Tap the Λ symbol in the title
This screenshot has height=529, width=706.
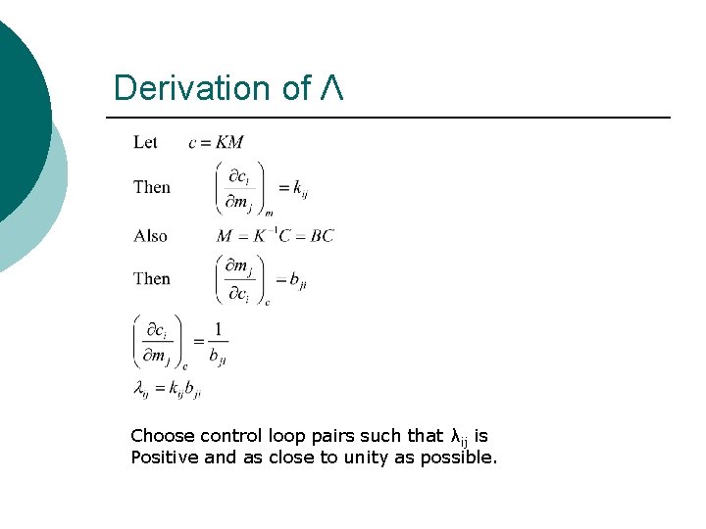[330, 88]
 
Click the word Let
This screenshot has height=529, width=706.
[145, 143]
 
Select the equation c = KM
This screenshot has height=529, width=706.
[216, 143]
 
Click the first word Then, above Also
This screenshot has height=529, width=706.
[152, 187]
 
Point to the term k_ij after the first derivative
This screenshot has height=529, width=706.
[295, 187]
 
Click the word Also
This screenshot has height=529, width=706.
[151, 235]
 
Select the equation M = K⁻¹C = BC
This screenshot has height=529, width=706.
[275, 235]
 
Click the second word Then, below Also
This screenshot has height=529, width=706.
[152, 278]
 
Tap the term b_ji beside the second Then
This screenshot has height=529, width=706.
[298, 280]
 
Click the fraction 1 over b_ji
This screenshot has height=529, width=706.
[218, 343]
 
